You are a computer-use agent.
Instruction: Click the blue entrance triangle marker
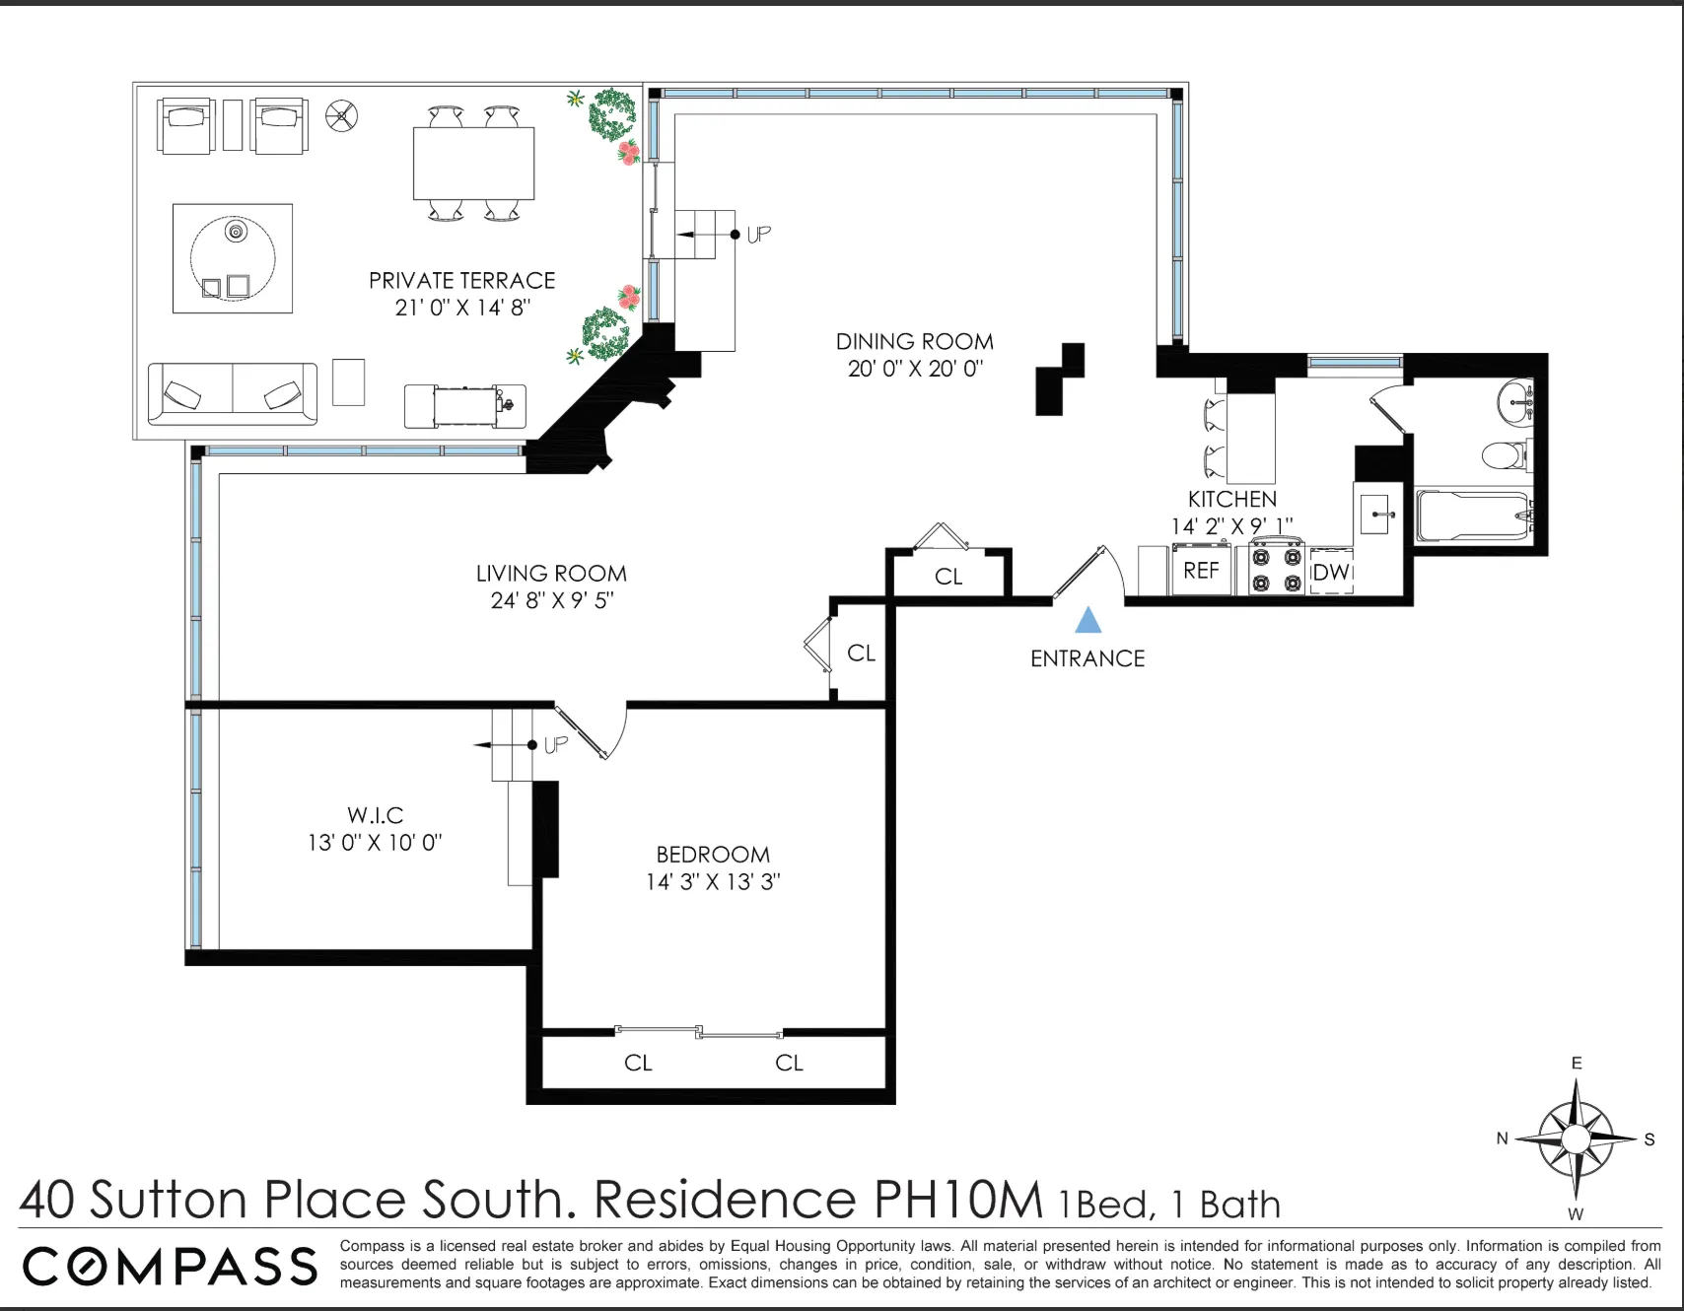[1088, 620]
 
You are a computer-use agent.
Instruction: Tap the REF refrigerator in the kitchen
[1201, 571]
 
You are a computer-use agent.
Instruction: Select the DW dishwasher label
[1331, 572]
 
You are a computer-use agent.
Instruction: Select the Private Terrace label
[462, 281]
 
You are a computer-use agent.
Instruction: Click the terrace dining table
[473, 164]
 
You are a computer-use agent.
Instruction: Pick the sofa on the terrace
[233, 394]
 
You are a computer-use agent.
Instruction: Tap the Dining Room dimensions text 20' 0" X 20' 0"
[915, 369]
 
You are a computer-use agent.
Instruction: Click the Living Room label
[551, 574]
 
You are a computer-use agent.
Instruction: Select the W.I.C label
[375, 815]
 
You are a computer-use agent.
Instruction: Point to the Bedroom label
[713, 855]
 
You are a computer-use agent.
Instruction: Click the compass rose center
[1576, 1138]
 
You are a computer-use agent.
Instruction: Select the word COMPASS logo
[170, 1267]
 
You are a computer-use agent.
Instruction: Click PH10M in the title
[957, 1200]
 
